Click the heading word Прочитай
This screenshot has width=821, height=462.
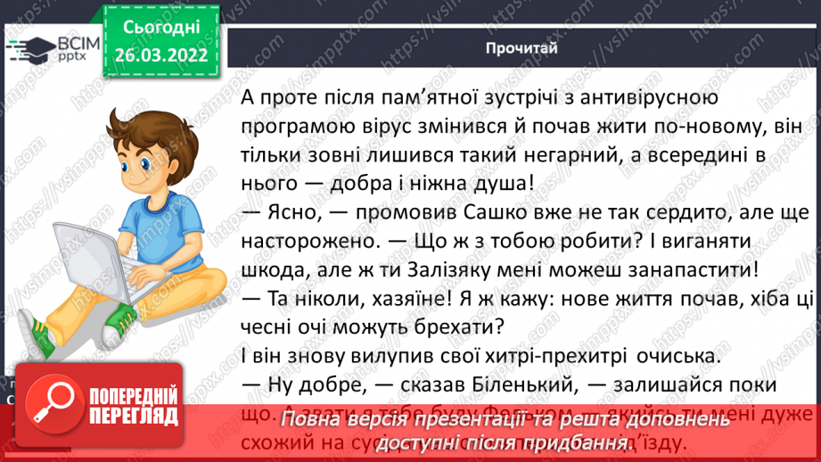tap(522, 47)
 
